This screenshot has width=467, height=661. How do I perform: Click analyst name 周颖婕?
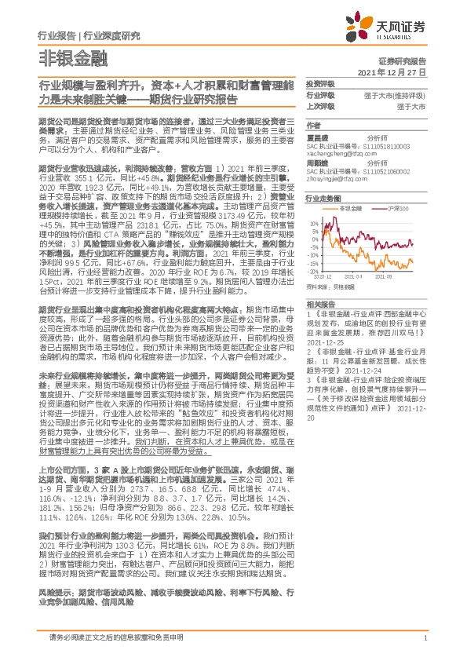(x=317, y=164)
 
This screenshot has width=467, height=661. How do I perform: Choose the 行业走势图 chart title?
(x=321, y=200)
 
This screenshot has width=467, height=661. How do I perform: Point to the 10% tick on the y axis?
(x=315, y=223)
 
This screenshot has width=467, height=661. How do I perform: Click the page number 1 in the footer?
(x=425, y=639)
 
